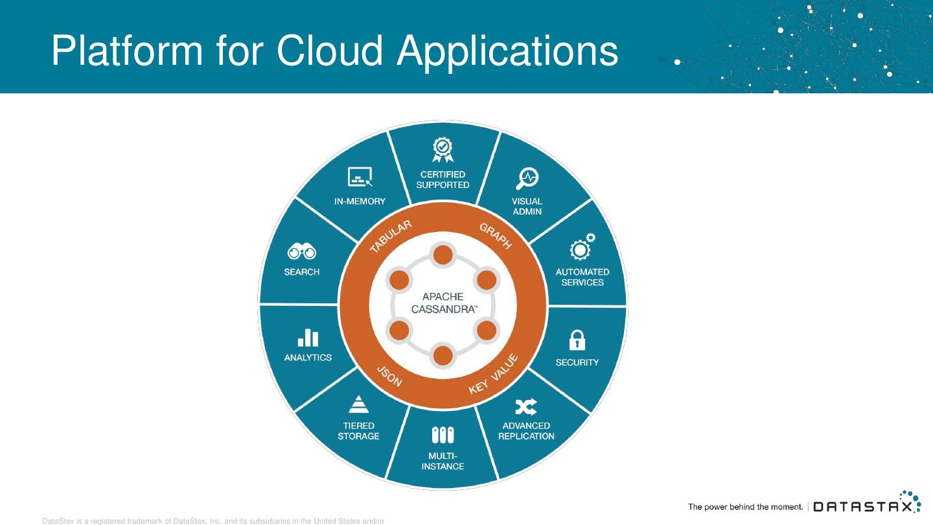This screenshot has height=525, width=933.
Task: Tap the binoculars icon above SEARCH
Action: pyautogui.click(x=302, y=251)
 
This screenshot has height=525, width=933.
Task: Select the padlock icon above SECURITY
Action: pyautogui.click(x=577, y=340)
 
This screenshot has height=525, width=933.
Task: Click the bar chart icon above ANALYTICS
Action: pyautogui.click(x=308, y=337)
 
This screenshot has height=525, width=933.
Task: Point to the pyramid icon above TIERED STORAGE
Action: pyautogui.click(x=358, y=404)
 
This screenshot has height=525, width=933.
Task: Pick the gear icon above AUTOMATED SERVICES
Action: pyautogui.click(x=581, y=248)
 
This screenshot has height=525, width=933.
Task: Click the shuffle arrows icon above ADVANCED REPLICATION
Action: pyautogui.click(x=525, y=406)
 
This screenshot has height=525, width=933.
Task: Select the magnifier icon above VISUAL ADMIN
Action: pyautogui.click(x=527, y=178)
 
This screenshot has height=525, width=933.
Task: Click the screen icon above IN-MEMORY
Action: pyautogui.click(x=360, y=177)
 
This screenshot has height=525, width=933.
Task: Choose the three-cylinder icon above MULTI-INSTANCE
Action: pyautogui.click(x=443, y=435)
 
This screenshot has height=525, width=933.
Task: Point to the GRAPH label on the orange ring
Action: pyautogui.click(x=496, y=236)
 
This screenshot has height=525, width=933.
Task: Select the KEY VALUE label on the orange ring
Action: pyautogui.click(x=494, y=374)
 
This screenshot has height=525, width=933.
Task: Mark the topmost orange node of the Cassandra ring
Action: pyautogui.click(x=443, y=255)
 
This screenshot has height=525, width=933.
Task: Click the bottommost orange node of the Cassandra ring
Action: pyautogui.click(x=443, y=355)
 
